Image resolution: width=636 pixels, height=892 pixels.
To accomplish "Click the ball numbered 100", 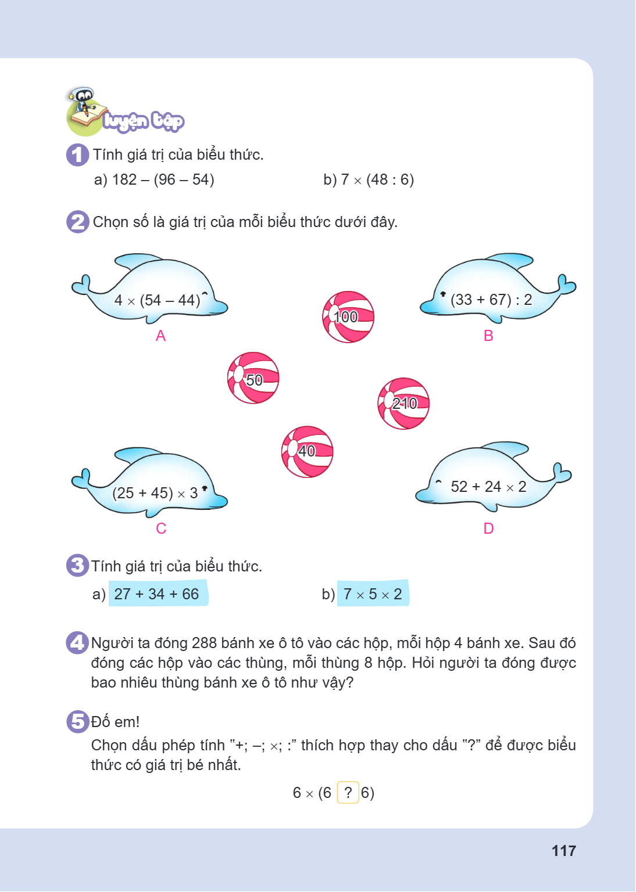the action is point(348,316).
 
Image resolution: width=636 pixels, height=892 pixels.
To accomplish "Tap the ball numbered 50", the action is point(253,378).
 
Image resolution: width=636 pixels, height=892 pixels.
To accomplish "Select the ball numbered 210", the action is point(403,404).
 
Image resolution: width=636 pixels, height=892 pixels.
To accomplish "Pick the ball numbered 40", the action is point(307,452).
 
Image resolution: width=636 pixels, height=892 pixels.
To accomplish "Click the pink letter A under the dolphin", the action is point(160,336).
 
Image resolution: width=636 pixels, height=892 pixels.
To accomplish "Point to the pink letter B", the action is point(488,336).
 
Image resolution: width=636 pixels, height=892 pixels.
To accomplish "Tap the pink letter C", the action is point(160,528).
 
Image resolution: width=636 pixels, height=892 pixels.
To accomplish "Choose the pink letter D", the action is point(488,528).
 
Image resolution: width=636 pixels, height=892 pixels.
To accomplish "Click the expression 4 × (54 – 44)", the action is point(157,300).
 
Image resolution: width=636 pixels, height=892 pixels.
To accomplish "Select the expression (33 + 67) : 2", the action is point(491,300).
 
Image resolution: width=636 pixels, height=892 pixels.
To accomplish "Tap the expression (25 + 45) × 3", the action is point(155,493).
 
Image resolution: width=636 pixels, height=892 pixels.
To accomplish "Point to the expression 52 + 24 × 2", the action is point(488,486).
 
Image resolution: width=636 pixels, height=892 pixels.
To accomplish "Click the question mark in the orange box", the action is point(348,793).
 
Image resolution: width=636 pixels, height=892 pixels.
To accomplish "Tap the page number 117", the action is point(564,851).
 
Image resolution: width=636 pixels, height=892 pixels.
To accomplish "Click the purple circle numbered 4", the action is point(77,643).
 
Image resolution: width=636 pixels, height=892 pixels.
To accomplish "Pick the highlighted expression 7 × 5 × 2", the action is point(373,594).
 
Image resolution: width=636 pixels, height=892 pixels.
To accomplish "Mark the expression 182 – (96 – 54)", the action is point(163,179).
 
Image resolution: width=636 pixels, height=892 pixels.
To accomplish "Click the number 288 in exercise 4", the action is point(204,643).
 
